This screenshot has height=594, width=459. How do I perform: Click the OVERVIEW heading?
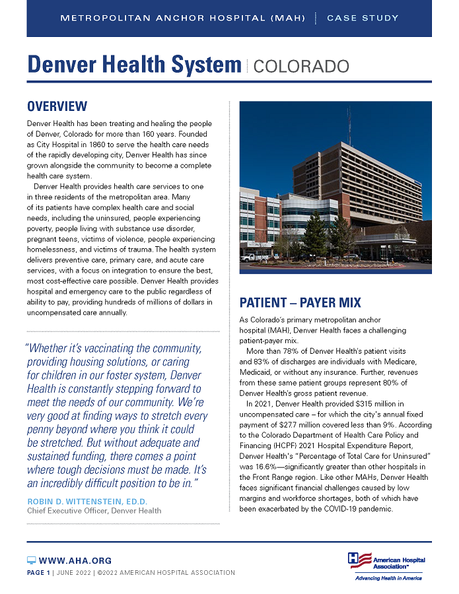(57, 106)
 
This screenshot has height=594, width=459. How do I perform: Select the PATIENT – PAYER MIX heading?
(300, 303)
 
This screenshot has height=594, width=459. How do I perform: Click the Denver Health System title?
(134, 65)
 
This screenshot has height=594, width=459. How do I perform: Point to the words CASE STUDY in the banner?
(363, 18)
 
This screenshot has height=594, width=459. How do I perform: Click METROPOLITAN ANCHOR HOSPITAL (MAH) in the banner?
(183, 18)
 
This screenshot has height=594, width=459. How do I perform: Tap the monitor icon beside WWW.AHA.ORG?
(31, 560)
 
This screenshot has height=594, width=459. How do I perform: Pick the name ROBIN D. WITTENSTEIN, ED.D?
(87, 502)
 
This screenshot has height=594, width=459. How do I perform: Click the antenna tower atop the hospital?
(349, 125)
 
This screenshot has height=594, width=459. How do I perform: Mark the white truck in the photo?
(253, 257)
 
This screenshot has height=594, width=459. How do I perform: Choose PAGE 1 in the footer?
(38, 572)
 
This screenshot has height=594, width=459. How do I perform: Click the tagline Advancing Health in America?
(388, 578)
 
